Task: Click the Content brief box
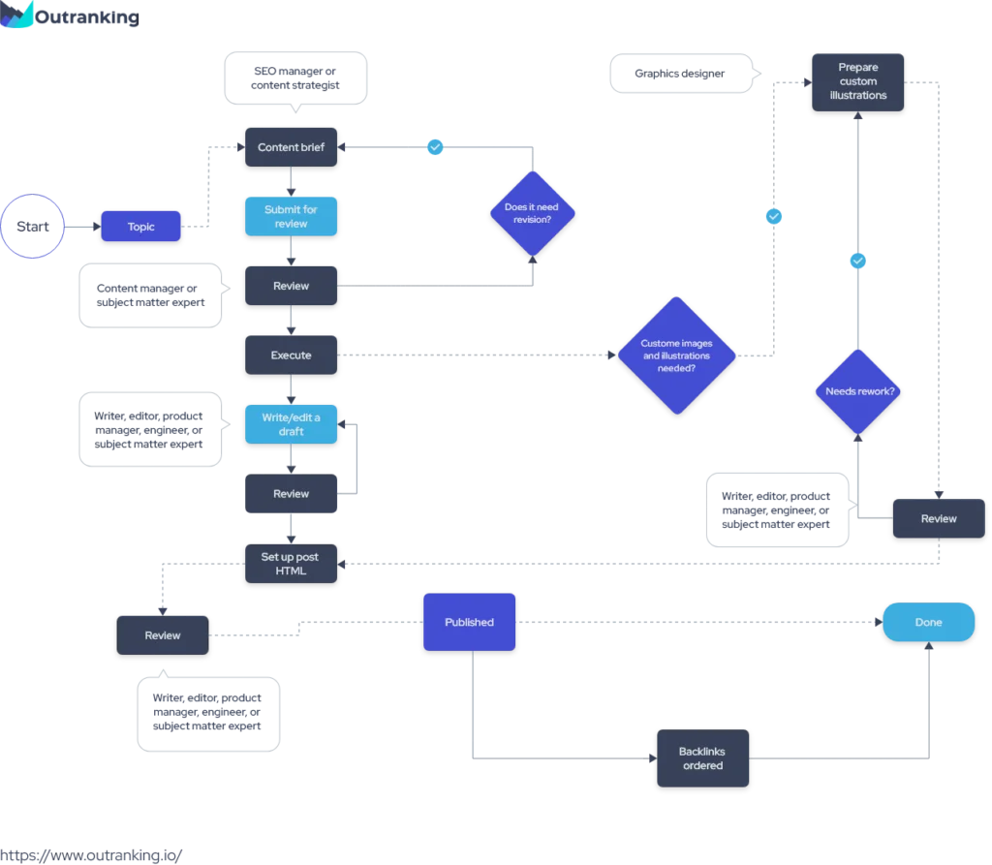point(291,147)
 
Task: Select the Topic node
point(141,227)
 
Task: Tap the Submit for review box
point(291,216)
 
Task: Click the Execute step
point(291,355)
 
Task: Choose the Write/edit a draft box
point(291,424)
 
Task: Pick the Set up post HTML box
point(291,564)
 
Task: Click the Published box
point(469,622)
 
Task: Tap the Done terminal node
point(928,623)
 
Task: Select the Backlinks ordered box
point(702,758)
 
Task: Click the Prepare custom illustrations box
point(857,81)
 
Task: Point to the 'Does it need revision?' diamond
point(532,213)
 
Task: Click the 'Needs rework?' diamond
point(858,391)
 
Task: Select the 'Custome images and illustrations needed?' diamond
point(677,355)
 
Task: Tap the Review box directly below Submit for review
point(291,286)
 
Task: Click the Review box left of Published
point(163,635)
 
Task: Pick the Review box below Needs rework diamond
point(938,518)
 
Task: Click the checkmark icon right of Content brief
point(435,147)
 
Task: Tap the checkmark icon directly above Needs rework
point(857,261)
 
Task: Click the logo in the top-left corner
point(19,15)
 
